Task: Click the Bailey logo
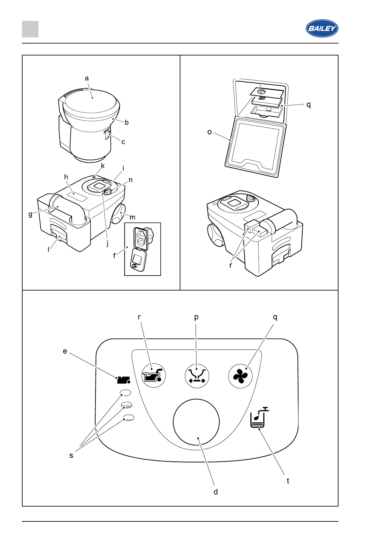pos(322,28)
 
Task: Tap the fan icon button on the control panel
pos(240,376)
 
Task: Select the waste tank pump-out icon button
pos(154,376)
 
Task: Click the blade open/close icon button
pos(197,376)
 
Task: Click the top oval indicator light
pos(126,393)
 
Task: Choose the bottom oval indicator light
pos(128,418)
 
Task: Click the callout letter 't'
pos(288,481)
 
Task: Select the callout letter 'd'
pos(216,492)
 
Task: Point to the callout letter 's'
pos(71,455)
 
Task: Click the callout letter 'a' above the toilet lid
pos(86,78)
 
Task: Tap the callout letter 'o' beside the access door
pos(209,132)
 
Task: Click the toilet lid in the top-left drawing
pos(91,101)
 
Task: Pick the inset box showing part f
pos(142,249)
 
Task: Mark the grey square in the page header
pos(30,29)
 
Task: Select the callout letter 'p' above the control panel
pos(196,317)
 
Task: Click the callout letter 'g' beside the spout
pos(30,214)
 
